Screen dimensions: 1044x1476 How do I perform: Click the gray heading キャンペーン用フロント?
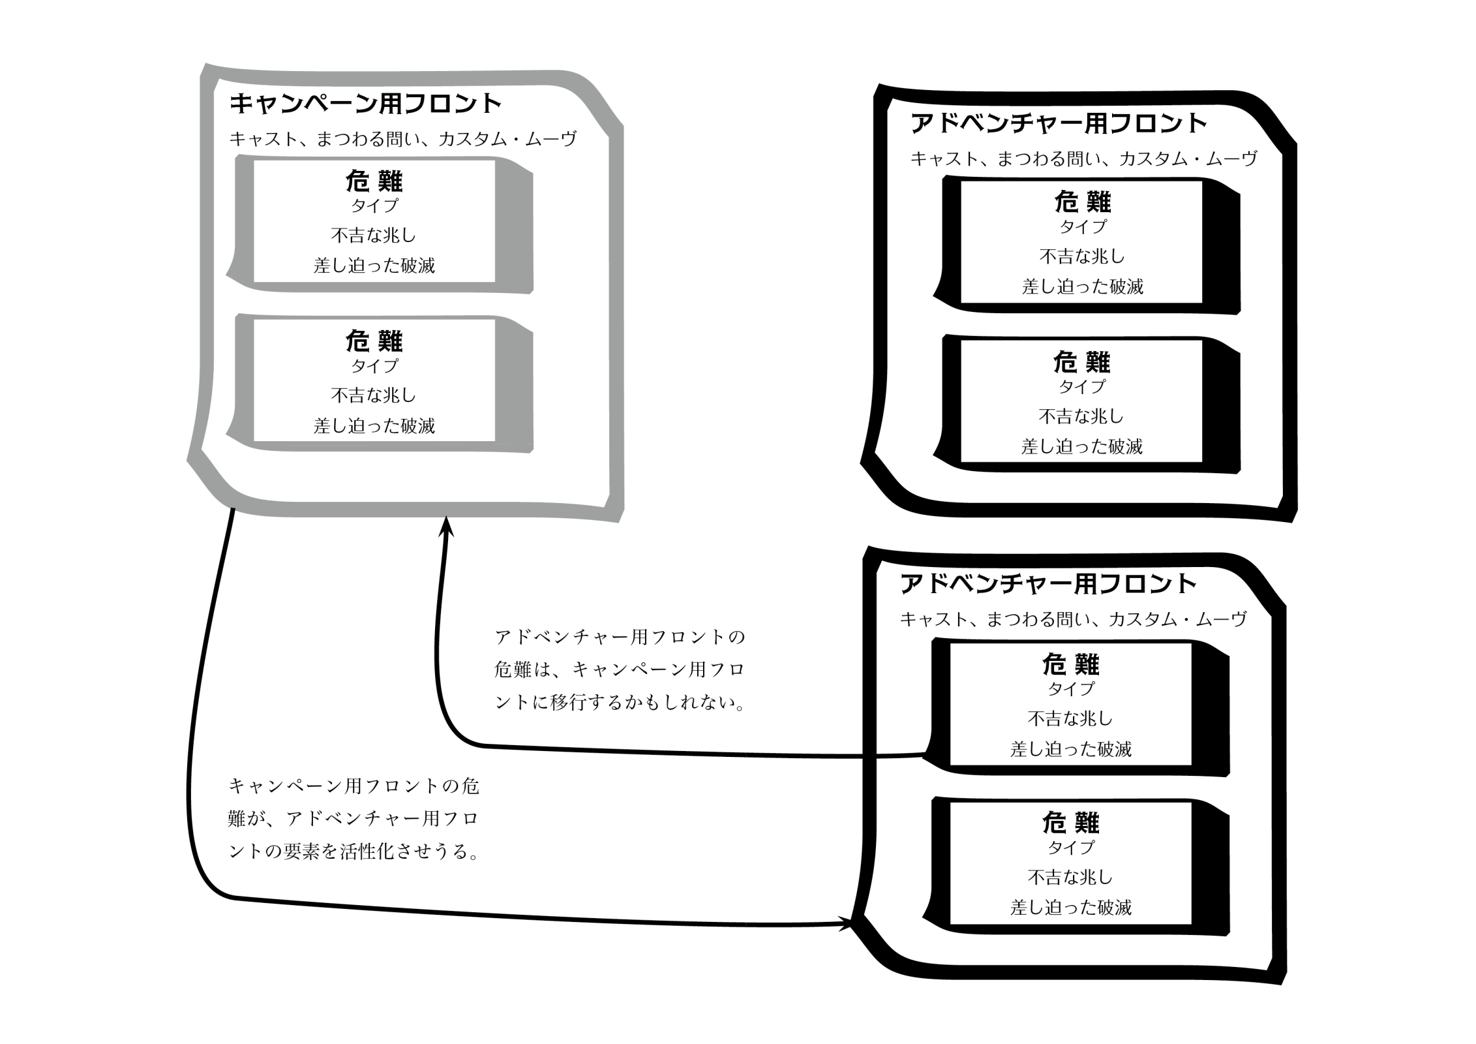coord(365,104)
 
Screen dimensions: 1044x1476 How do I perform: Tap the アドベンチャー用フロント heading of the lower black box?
coord(1047,584)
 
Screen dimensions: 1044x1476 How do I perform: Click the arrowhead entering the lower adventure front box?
coord(845,924)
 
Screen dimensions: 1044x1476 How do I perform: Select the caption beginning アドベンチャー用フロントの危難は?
coord(620,669)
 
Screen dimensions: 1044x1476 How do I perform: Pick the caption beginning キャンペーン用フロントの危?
coord(354,818)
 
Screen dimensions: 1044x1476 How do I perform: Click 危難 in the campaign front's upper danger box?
coord(374,181)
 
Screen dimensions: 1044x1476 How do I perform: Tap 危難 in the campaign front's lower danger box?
coord(374,341)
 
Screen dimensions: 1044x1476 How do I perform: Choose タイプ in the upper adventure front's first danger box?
coord(1083,226)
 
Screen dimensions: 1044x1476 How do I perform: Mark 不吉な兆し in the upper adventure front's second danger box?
coord(1081,416)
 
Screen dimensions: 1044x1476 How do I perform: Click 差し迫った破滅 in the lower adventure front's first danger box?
coord(1071,749)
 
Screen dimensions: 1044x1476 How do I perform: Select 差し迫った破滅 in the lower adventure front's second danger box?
coord(1071,908)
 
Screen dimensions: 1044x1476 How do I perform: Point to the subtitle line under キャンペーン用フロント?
coord(403,139)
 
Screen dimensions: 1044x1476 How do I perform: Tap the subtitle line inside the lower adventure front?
coord(1073,619)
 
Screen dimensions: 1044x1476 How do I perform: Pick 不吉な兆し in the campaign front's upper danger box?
coord(374,235)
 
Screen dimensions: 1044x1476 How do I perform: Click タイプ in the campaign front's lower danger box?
coord(374,365)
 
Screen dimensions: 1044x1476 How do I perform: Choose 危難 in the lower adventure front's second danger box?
coord(1071,823)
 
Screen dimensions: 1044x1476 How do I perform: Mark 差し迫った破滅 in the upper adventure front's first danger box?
coord(1082,286)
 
